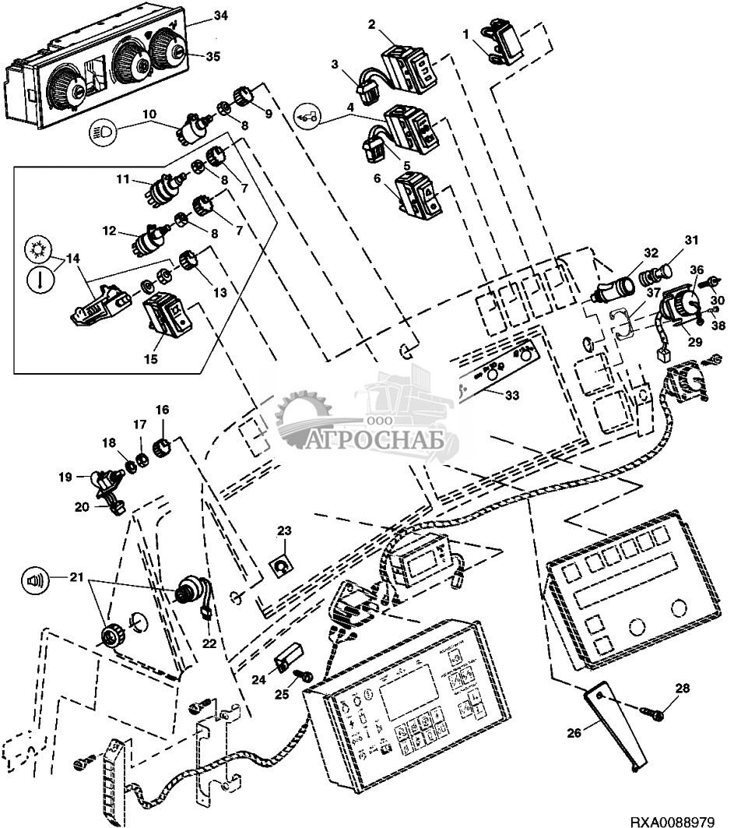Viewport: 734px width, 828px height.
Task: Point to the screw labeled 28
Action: pos(651,710)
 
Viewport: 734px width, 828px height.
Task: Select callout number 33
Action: pos(511,396)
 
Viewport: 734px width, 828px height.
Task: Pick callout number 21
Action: pos(76,577)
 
